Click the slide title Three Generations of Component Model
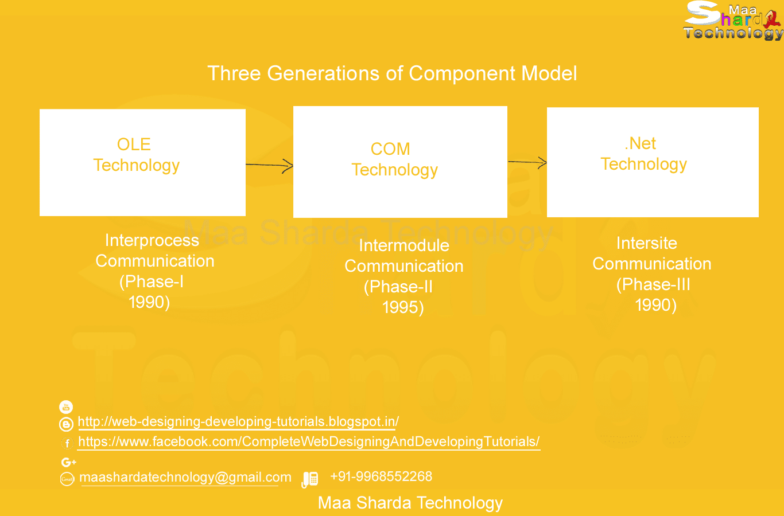392,73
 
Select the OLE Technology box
142,162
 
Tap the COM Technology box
400,162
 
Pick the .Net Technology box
653,162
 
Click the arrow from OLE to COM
270,166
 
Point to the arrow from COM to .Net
527,163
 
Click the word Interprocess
152,240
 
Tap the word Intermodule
404,245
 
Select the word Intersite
647,243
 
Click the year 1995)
403,307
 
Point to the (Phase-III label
653,284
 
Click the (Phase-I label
152,282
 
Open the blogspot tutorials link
238,422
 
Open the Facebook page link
309,442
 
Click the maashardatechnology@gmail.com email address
185,478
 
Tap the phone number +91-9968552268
381,476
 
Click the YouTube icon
66,407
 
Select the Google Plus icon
68,462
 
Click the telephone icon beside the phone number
310,479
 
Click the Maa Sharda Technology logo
733,22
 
